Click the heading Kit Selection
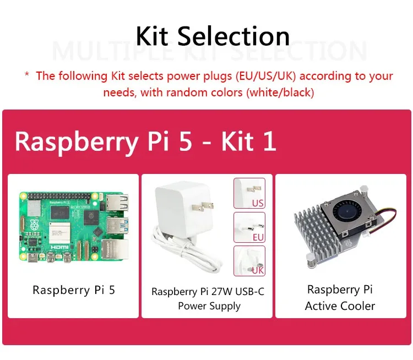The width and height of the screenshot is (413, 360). tap(213, 36)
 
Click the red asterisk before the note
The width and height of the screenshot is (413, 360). tap(27, 75)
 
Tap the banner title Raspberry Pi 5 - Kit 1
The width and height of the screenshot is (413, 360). tap(145, 141)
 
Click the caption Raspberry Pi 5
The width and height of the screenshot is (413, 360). tap(74, 290)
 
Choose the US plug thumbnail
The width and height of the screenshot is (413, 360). tap(249, 193)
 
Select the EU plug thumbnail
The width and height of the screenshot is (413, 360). tap(249, 227)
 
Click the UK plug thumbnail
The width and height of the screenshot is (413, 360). tap(249, 261)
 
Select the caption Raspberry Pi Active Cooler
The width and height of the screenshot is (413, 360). tap(340, 298)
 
